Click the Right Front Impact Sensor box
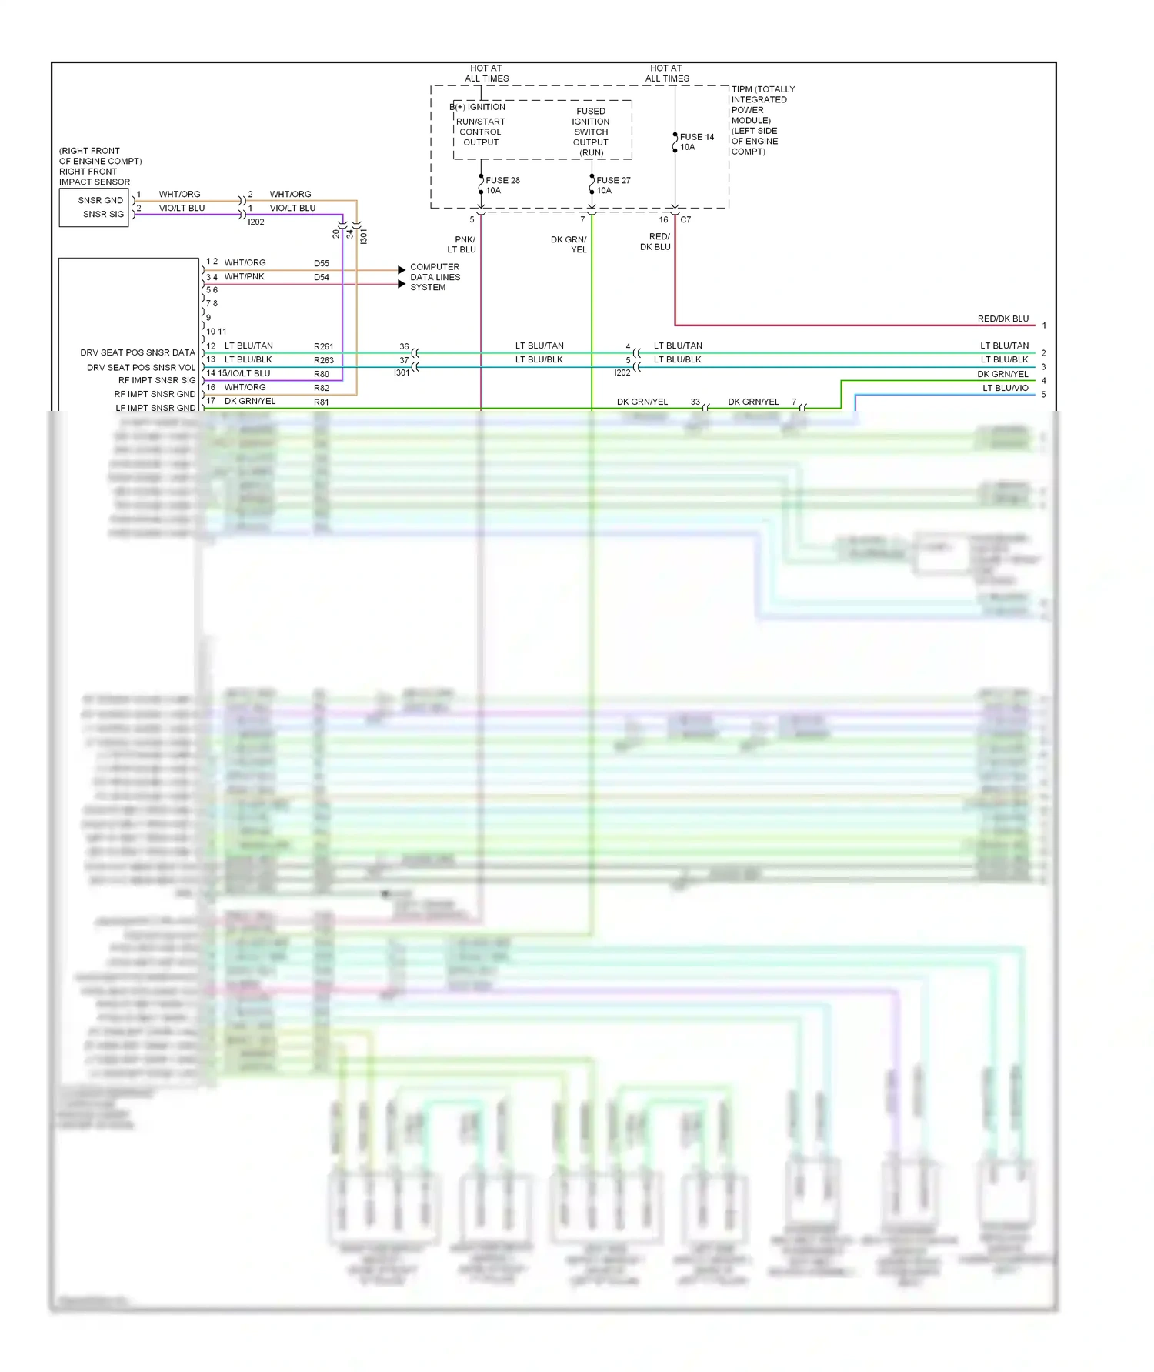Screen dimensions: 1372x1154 tap(94, 208)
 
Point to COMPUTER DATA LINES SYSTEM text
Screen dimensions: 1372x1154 tap(435, 277)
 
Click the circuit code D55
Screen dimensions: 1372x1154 tap(322, 263)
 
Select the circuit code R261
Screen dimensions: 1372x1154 tap(323, 346)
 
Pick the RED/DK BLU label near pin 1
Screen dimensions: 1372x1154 tap(1002, 319)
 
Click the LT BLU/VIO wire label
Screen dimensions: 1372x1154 tap(1005, 388)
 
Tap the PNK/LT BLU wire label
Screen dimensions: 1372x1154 tap(462, 245)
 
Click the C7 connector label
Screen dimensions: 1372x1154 tap(685, 220)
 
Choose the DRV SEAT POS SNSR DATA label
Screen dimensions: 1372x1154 tap(138, 352)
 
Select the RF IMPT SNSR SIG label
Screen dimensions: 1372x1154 tap(157, 380)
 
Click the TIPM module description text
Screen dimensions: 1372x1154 tap(762, 120)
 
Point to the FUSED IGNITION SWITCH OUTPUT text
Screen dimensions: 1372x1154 tap(591, 132)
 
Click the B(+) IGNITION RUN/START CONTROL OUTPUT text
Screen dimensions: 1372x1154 tap(479, 125)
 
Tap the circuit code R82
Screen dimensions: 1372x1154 tap(322, 388)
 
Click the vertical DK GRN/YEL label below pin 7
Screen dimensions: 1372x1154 tap(569, 245)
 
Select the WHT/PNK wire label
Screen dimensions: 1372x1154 tap(244, 276)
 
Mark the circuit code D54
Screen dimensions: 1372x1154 tap(322, 277)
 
